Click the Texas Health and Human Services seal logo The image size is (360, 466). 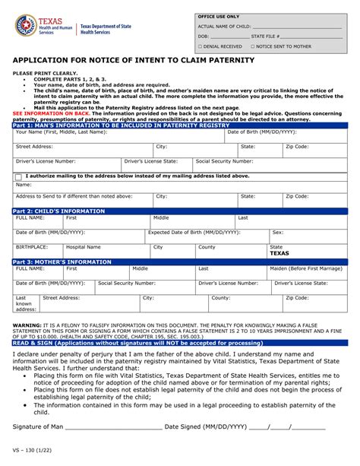click(x=26, y=27)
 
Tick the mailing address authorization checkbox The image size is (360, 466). click(x=18, y=176)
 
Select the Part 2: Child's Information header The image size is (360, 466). click(x=180, y=210)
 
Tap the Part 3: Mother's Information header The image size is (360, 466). click(x=180, y=261)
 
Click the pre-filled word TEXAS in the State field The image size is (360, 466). click(x=279, y=254)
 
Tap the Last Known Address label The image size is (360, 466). click(x=26, y=304)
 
